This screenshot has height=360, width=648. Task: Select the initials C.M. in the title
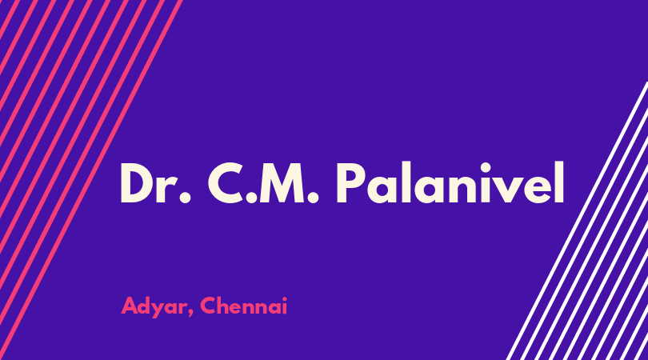click(263, 182)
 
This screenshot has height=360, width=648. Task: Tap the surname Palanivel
click(450, 182)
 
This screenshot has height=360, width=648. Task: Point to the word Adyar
click(153, 307)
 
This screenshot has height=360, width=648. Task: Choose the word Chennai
click(244, 306)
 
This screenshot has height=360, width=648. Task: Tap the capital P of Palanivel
click(352, 182)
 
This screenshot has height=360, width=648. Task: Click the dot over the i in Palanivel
click(478, 168)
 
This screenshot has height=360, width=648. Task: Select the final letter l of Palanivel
click(559, 182)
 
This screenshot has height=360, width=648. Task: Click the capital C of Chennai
click(209, 306)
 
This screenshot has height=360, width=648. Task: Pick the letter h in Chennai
click(225, 306)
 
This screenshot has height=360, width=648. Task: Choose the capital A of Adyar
click(130, 306)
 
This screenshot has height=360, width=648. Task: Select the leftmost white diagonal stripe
click(578, 220)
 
